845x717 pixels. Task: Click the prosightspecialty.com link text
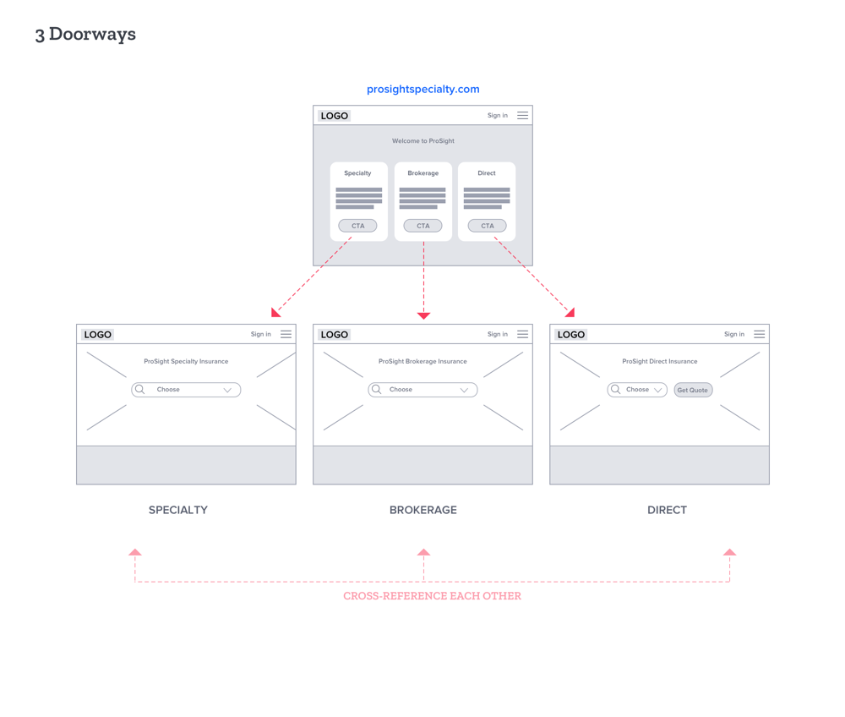(423, 90)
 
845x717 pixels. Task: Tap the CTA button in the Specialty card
(357, 226)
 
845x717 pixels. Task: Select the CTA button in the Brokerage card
(423, 226)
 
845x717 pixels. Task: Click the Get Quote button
(693, 390)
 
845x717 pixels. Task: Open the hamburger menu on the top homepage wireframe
(523, 115)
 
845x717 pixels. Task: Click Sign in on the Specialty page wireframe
(261, 334)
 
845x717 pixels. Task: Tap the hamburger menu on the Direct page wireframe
(760, 334)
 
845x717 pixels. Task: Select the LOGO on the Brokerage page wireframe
(334, 335)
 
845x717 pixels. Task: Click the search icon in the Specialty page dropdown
(140, 389)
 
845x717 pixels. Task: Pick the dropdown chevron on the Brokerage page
(464, 390)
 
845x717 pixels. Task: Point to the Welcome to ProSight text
(423, 141)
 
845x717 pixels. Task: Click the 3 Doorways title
(85, 35)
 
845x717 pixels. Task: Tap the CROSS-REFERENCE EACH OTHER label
(432, 596)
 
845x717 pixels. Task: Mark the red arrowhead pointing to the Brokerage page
(423, 316)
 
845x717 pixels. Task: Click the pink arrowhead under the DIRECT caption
(730, 552)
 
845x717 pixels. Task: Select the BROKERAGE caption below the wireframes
(423, 510)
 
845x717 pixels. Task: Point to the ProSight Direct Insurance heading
(660, 362)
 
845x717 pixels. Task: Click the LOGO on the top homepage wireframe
(334, 116)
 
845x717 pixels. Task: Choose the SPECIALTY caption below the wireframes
(177, 510)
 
